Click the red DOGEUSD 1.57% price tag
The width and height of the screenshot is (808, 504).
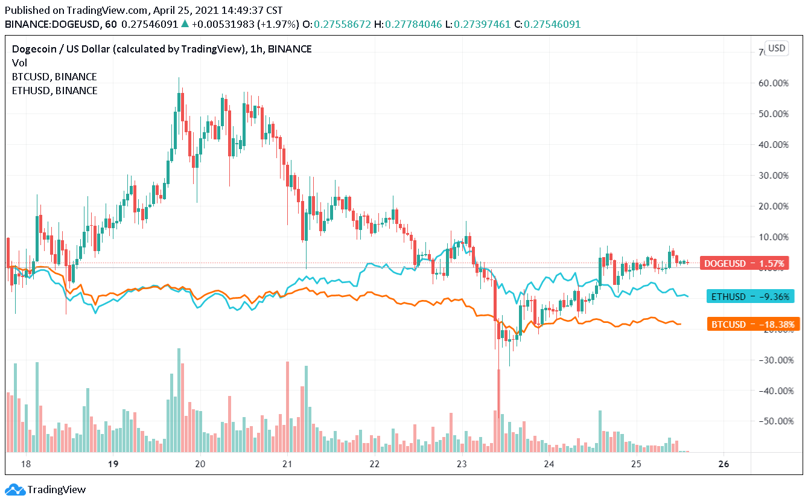(x=745, y=263)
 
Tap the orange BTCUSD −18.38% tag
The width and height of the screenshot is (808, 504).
(x=752, y=324)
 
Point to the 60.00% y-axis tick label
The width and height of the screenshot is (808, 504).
(x=774, y=83)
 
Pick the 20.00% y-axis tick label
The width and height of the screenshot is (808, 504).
(x=774, y=206)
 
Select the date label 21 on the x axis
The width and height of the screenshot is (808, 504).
(x=287, y=464)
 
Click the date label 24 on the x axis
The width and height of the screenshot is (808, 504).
(x=549, y=464)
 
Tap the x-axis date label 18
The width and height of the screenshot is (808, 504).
(x=26, y=464)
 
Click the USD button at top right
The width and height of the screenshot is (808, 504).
(x=777, y=48)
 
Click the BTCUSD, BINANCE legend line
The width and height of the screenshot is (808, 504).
(x=54, y=77)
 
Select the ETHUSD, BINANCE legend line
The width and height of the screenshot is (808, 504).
(x=54, y=91)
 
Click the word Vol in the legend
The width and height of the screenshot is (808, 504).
(x=19, y=63)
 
